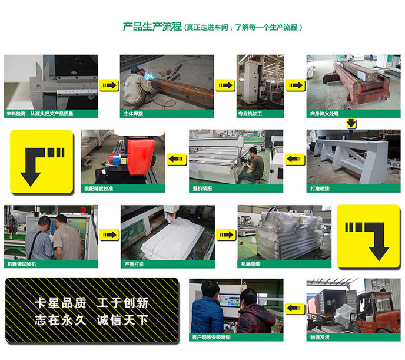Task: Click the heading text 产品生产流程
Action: click(152, 27)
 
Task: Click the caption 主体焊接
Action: click(133, 114)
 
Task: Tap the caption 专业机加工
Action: click(250, 114)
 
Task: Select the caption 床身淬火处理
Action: click(324, 114)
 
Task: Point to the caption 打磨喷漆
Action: click(320, 189)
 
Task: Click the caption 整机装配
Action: click(203, 189)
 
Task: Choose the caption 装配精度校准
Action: click(99, 189)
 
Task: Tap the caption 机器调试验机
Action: click(22, 264)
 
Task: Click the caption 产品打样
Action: click(134, 264)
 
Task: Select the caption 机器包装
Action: click(251, 264)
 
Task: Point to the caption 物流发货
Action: click(320, 337)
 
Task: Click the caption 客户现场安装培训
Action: click(211, 337)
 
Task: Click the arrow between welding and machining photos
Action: click(225, 85)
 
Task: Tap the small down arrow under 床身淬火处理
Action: click(351, 124)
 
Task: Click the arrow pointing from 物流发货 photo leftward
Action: click(295, 308)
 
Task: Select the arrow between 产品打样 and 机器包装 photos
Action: click(225, 235)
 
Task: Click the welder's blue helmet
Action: click(135, 70)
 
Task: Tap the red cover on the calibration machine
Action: click(141, 157)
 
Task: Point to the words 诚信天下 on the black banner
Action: click(122, 320)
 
